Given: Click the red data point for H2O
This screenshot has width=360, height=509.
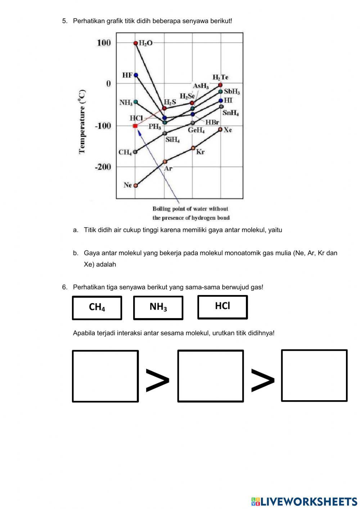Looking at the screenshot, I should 136,43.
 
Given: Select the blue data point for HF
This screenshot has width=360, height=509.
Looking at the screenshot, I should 136,75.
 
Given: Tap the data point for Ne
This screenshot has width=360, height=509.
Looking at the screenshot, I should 136,186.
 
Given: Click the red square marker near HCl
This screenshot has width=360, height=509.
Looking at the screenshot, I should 135,126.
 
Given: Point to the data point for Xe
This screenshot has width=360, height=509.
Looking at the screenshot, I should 220,129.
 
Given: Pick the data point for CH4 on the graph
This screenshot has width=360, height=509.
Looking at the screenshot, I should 135,152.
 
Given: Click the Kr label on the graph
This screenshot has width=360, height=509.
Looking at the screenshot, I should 200,152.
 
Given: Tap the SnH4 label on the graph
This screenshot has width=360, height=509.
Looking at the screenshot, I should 231,113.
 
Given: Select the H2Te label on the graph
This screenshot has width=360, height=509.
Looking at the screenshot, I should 220,77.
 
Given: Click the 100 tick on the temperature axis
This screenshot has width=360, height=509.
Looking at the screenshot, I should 104,43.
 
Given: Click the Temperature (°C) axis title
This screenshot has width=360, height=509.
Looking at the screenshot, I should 82,121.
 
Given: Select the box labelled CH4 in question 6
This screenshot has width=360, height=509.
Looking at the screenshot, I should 97,308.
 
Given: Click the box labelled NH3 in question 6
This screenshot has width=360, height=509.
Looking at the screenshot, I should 158,308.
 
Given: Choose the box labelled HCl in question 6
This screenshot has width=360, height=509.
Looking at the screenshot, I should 222,307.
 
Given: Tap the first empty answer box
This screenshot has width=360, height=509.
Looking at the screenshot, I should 105,376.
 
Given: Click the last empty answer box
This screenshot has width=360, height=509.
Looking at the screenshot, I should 314,375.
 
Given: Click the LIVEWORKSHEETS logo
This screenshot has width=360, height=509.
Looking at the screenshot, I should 304,501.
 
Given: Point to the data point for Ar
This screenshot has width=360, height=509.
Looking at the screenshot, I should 165,162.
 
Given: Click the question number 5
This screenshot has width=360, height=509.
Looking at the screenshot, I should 65,21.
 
